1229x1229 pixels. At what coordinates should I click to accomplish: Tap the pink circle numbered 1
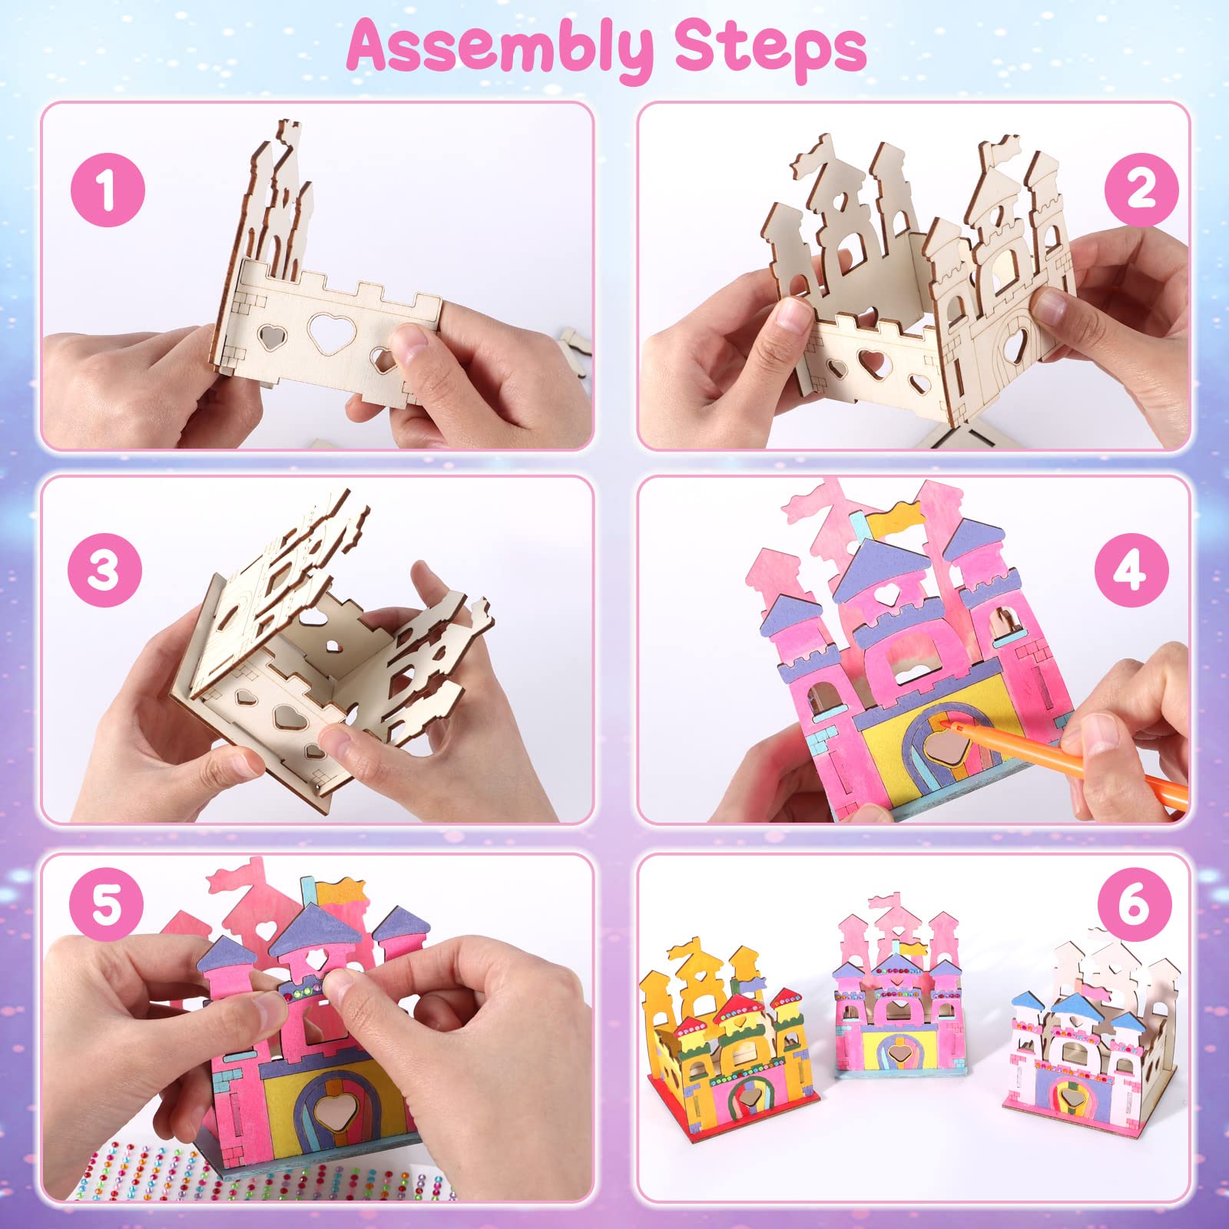108,189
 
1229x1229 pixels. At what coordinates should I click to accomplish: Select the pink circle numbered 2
1141,189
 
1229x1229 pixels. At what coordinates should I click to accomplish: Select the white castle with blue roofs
1091,1052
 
